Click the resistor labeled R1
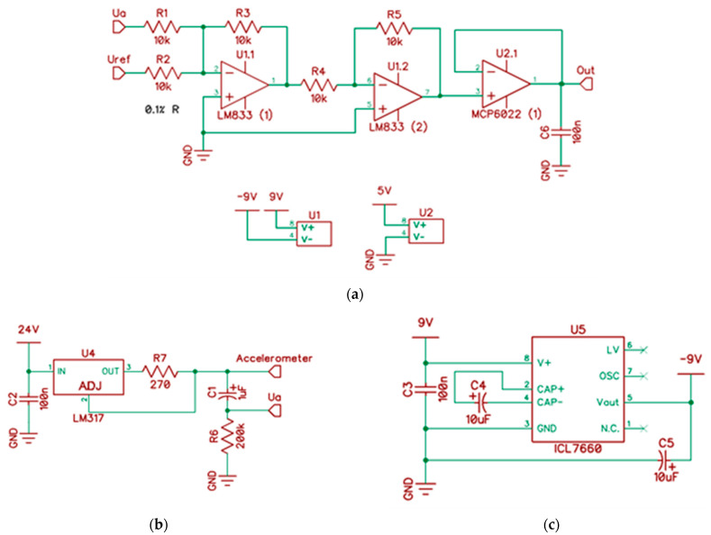pyautogui.click(x=162, y=27)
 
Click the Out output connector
pyautogui.click(x=587, y=85)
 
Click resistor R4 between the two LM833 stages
pyautogui.click(x=319, y=85)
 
